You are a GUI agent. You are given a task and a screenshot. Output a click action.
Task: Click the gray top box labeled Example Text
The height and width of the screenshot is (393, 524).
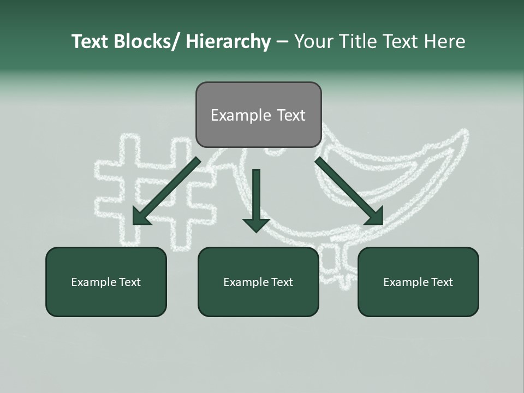pos(258,115)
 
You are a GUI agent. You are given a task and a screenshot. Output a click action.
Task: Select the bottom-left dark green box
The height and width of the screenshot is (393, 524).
pos(106,282)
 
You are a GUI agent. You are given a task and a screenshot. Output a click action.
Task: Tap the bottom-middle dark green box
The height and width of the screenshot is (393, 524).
pos(258,282)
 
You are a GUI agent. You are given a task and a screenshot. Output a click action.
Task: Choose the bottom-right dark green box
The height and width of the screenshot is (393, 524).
pos(418,282)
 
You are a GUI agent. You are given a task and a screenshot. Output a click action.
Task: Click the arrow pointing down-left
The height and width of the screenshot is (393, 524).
pos(166,191)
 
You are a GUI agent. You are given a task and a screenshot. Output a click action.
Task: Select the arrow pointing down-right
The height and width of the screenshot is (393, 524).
pos(349,191)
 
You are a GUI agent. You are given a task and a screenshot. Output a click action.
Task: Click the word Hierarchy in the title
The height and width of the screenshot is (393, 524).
pos(228,41)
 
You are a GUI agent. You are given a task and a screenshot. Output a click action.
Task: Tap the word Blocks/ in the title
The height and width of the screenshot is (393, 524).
pos(150,41)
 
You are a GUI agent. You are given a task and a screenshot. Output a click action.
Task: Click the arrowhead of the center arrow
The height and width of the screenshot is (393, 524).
pos(256,224)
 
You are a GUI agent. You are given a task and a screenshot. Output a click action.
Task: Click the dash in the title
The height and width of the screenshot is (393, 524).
pos(282,42)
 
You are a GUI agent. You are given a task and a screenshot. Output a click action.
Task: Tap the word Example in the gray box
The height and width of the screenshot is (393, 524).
pos(234,115)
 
